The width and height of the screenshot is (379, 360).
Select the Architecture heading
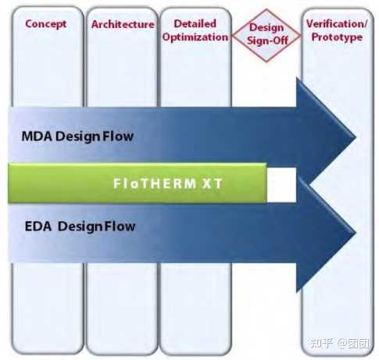coord(123,24)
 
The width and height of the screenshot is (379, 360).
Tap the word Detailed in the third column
coord(195,24)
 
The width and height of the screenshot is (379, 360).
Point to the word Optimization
coord(195,37)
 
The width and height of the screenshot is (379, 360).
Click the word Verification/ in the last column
coord(335,24)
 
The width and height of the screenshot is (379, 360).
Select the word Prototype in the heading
coord(335,37)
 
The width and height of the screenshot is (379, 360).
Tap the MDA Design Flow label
coord(78,137)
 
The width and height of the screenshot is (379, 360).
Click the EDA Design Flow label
coord(79,227)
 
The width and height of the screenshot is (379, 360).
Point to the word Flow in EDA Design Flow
coord(121,227)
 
